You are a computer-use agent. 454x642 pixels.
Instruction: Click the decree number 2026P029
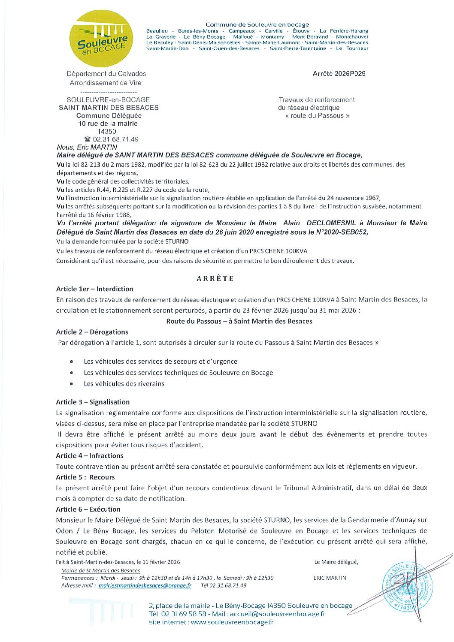pos(339,74)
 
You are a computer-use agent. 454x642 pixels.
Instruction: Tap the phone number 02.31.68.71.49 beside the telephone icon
pos(115,139)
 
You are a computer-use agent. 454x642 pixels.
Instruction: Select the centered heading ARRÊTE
pos(215,278)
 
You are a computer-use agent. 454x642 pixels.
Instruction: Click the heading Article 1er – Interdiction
pos(94,289)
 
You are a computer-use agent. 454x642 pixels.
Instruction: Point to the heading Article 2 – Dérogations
pos(92,332)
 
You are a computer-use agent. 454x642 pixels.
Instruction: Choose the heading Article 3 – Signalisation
pos(93,402)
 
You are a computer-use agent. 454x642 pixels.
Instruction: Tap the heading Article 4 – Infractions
pos(89,456)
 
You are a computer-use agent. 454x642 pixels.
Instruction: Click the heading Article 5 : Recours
pos(85,477)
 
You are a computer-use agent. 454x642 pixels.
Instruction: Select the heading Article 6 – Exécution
pos(88,509)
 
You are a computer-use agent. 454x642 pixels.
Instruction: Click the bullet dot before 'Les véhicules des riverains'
pos(71,384)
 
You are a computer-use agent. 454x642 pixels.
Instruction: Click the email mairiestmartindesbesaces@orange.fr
pos(145,585)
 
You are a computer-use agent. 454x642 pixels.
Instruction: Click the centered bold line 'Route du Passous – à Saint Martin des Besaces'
pos(239,321)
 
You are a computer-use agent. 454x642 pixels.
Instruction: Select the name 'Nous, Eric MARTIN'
pos(87,147)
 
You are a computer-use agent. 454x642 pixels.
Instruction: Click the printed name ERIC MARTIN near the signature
pos(330,578)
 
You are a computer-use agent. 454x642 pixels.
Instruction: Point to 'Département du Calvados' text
pos(106,74)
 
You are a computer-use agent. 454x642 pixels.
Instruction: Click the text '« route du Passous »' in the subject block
pos(317,116)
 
